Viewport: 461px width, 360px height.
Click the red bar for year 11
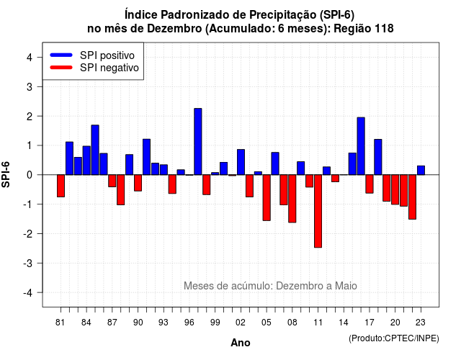click(318, 211)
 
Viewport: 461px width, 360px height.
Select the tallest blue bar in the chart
click(198, 141)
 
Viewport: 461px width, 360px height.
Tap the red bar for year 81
click(61, 186)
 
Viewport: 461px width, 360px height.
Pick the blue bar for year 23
click(421, 170)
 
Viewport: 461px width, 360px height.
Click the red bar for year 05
click(267, 197)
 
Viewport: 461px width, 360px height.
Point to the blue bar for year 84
click(86, 160)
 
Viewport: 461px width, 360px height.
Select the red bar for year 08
click(292, 199)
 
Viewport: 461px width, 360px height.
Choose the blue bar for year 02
click(241, 162)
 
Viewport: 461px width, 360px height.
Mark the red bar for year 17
click(370, 184)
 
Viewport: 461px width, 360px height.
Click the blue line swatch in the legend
click(61, 55)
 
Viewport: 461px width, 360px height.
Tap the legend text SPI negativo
click(109, 68)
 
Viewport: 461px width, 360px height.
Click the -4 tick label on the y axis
click(28, 293)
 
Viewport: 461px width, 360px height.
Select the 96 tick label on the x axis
click(189, 323)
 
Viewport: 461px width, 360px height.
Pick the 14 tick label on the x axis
click(344, 323)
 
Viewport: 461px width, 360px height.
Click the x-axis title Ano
click(241, 343)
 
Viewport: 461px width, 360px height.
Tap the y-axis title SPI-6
click(6, 174)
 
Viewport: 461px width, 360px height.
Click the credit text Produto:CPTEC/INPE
click(394, 338)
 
